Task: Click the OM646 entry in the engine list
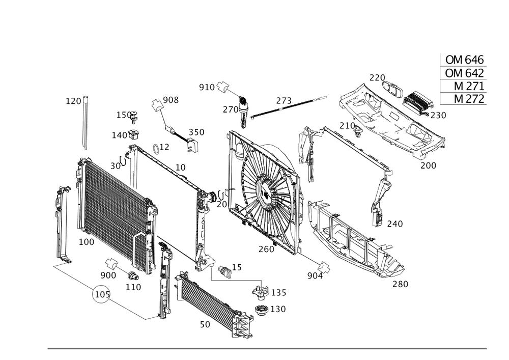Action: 464,60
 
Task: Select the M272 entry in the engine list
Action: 464,99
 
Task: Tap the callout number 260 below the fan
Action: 266,249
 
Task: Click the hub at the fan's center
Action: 265,189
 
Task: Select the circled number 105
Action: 101,294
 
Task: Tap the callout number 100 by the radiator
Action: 86,243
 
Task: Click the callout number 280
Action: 400,284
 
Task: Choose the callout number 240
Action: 394,223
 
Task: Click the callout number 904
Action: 316,275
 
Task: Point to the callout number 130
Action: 277,309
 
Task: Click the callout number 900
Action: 108,274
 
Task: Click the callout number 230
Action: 438,115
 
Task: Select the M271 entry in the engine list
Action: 464,86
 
